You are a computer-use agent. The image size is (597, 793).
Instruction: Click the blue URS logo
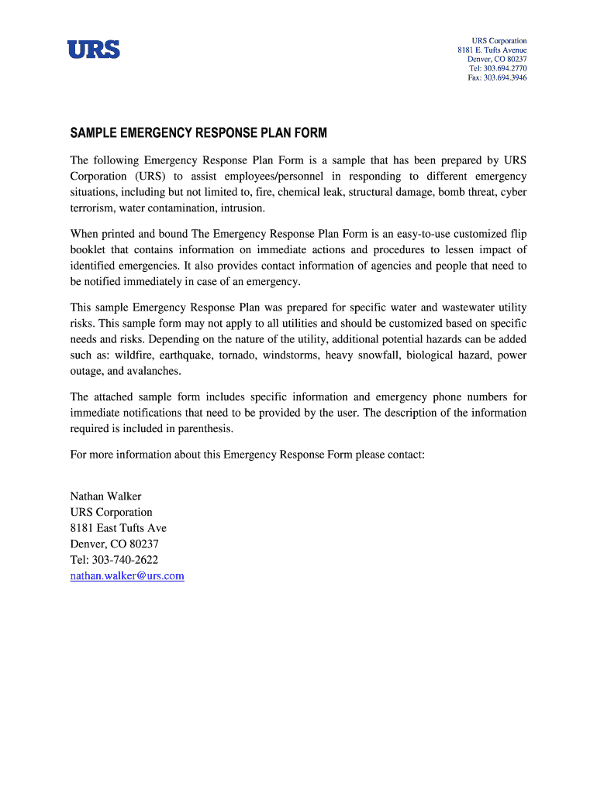tap(93, 50)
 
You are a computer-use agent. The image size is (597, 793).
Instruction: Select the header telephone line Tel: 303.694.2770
tap(498, 68)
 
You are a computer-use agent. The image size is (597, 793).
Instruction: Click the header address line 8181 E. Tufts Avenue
tap(492, 50)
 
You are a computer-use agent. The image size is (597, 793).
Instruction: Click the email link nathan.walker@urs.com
tap(127, 575)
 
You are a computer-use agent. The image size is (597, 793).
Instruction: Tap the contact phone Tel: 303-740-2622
tap(114, 559)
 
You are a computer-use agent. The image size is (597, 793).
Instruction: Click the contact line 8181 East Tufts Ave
tap(118, 527)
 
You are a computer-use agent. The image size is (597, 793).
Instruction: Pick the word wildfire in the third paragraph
tap(135, 355)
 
